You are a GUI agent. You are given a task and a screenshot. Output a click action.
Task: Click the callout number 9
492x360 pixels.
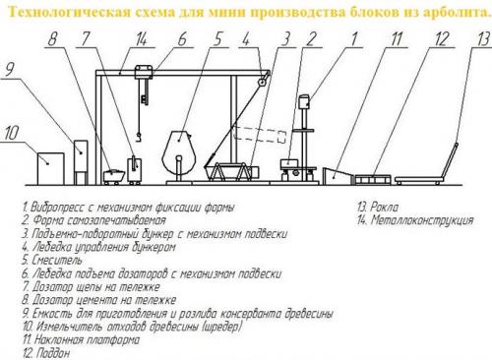11,70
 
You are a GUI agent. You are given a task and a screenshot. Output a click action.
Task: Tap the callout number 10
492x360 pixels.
12,133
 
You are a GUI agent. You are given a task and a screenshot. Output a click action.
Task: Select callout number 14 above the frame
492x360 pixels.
141,39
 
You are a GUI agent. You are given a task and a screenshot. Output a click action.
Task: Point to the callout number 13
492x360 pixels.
483,39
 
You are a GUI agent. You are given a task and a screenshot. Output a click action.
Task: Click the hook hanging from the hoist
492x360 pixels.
139,137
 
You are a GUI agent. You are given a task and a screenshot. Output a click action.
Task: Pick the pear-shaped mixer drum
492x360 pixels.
179,151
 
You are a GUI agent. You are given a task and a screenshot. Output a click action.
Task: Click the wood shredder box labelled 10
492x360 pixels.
50,168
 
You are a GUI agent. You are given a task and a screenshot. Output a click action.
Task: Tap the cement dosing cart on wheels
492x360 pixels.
113,177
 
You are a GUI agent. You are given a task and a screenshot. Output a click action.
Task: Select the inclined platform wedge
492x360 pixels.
337,176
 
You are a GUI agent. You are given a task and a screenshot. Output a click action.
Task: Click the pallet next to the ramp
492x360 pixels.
373,179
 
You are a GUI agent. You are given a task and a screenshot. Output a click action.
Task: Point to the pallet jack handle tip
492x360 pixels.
457,145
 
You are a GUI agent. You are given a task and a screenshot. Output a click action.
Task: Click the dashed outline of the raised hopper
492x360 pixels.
259,135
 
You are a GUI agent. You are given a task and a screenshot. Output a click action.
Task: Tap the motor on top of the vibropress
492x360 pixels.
304,101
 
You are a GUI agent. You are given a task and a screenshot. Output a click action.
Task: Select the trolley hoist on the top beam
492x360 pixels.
144,72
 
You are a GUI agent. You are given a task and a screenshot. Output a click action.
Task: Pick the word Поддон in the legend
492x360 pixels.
53,353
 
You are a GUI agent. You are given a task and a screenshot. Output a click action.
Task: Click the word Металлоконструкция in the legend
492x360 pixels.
422,220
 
